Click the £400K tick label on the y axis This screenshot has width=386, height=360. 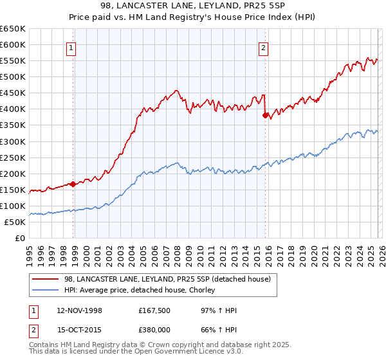13,109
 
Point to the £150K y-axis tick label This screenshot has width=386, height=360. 13,190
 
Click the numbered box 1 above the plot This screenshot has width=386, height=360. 71,47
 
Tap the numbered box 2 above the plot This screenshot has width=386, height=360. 264,47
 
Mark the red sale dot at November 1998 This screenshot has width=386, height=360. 73,184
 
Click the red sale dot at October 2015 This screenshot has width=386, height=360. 265,116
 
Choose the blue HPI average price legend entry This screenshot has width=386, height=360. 139,290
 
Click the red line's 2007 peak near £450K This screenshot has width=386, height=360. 176,91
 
